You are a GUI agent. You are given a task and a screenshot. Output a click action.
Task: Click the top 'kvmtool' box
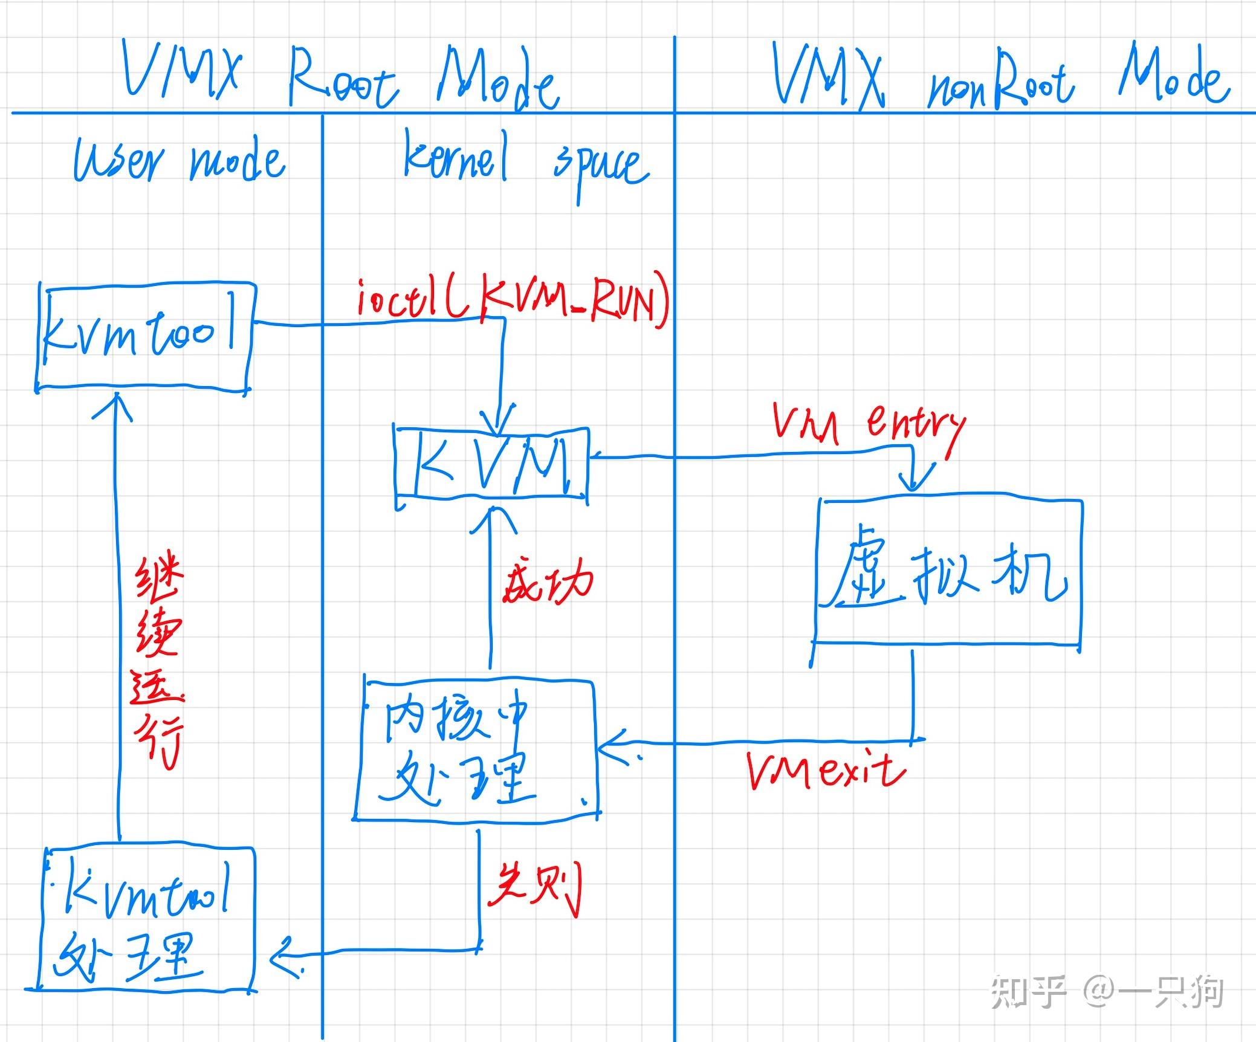click(x=145, y=336)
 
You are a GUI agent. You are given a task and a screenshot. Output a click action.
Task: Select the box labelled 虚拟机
click(x=948, y=571)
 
